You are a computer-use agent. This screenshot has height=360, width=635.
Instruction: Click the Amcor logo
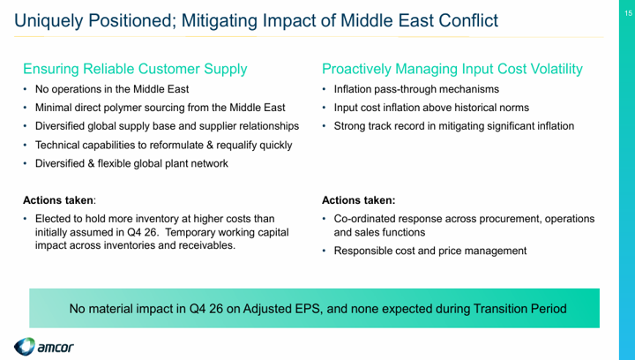(44, 347)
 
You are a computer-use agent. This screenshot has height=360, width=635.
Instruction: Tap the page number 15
(628, 13)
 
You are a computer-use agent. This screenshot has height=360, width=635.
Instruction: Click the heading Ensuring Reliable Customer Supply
(135, 69)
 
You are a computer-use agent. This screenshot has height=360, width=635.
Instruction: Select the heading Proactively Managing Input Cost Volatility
(452, 69)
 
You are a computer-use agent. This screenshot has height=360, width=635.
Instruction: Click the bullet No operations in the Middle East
(112, 89)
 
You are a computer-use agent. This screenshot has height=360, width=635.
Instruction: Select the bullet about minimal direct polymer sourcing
(161, 108)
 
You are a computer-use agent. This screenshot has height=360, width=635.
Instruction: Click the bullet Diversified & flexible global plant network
(131, 163)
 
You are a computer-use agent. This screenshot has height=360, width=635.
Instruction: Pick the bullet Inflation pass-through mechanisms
(416, 89)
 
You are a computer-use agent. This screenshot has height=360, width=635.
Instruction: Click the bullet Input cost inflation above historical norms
(431, 108)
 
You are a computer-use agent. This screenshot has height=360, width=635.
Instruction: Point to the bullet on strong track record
(454, 126)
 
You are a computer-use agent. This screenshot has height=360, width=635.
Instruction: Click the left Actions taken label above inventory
(59, 200)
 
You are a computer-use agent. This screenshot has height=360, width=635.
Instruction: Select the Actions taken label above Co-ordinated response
(358, 200)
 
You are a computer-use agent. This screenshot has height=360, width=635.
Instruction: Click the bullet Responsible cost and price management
(430, 251)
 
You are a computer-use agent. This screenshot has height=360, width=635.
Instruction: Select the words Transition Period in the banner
(519, 309)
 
